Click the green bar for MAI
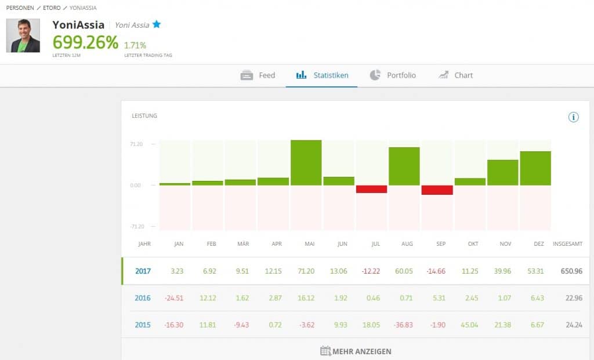coord(306,162)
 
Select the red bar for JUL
coord(371,189)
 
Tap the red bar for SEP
coord(437,190)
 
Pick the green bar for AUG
coord(404,166)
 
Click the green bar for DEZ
coord(535,168)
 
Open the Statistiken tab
coord(322,75)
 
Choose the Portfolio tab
coord(393,75)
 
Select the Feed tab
coord(258,75)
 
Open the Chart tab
coord(456,75)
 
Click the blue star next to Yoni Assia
coord(157,24)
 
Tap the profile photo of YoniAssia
coord(23,36)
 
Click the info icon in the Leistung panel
coord(574,117)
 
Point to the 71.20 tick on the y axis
coord(137,144)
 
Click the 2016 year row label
coord(143,298)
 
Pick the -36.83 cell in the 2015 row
coord(407,325)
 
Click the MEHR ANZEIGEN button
coord(356,351)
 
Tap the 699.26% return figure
coord(85,42)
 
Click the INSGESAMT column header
coord(568,244)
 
